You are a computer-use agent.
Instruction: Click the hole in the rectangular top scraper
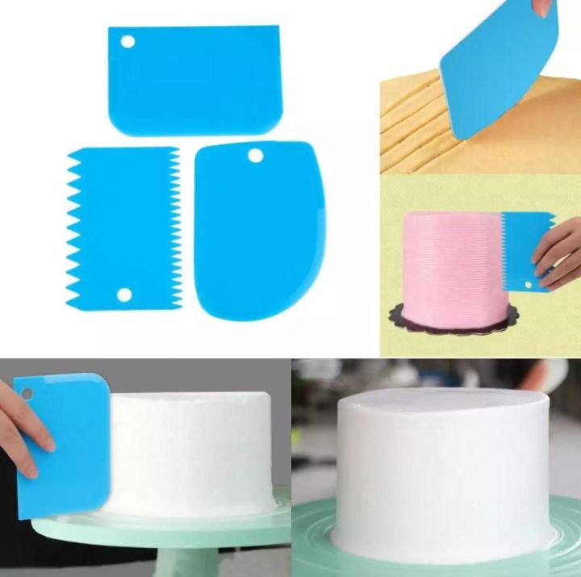[x=126, y=40]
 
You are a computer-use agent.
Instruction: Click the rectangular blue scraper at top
[x=194, y=81]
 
